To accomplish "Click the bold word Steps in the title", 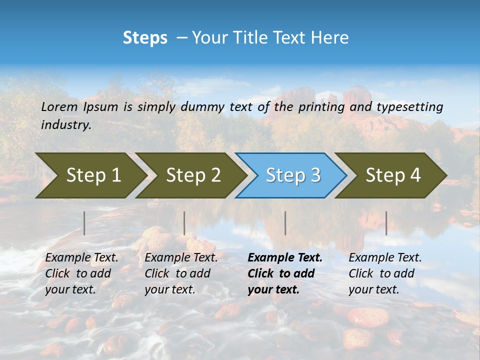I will [145, 38].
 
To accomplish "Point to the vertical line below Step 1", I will [84, 223].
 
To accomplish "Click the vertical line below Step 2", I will [184, 223].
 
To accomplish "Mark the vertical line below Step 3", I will [285, 223].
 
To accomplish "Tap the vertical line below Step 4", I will [386, 223].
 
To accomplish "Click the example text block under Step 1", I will [81, 273].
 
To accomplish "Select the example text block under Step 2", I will [181, 273].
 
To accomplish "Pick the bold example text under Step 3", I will [285, 273].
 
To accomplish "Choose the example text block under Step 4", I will [385, 273].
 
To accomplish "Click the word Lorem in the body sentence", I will [59, 106].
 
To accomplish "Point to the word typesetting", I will [409, 106].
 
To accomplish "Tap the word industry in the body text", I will [65, 124].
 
